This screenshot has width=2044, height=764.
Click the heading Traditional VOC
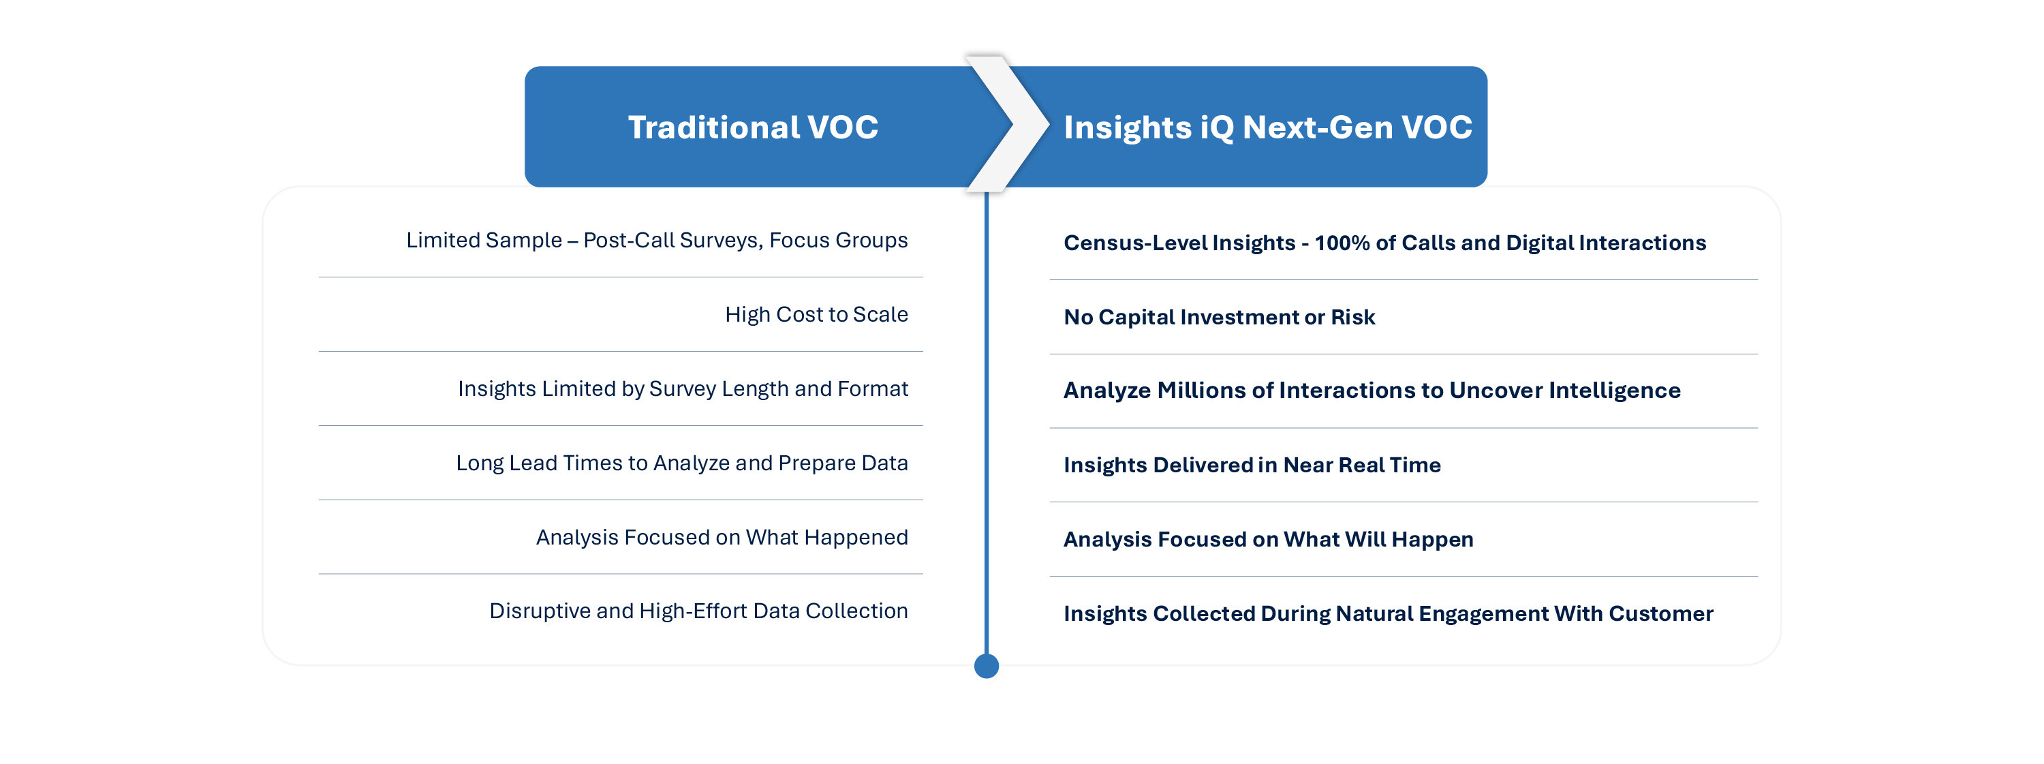click(x=753, y=127)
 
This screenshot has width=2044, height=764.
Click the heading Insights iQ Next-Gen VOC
click(x=1267, y=127)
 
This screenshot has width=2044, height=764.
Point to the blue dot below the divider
click(x=987, y=666)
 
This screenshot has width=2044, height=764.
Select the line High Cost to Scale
click(x=816, y=314)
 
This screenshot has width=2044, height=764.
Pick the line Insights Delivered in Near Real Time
click(x=1252, y=465)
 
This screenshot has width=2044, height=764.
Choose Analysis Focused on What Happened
click(x=722, y=537)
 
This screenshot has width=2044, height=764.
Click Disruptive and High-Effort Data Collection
click(x=698, y=611)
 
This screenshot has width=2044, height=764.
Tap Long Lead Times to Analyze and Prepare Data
click(x=681, y=463)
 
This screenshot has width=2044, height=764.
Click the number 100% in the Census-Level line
click(x=1342, y=243)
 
